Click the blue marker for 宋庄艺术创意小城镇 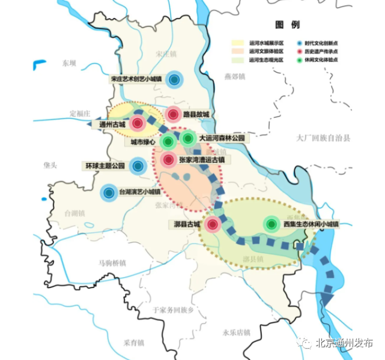tap(175, 79)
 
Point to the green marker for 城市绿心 tap(168, 142)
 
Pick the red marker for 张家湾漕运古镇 tap(168, 160)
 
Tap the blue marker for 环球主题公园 tap(138, 166)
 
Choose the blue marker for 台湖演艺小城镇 tap(109, 193)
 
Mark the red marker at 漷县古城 tap(212, 225)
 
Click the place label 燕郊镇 tap(235, 77)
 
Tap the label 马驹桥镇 tap(112, 263)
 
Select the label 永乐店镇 tap(235, 332)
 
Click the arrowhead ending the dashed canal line tap(328, 298)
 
